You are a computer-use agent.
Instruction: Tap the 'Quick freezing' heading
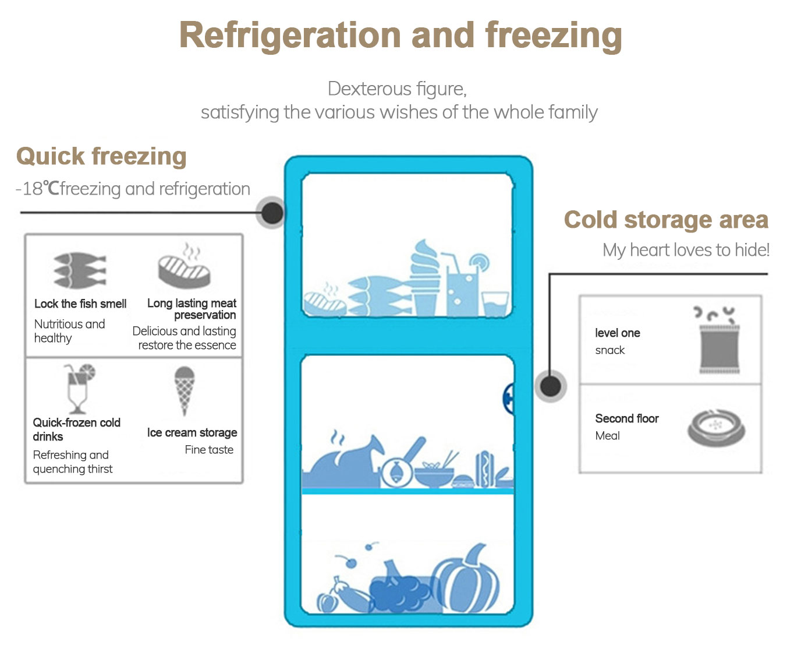(101, 156)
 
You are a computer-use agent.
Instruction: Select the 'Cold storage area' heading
(666, 220)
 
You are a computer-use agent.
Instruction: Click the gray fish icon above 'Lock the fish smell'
(79, 270)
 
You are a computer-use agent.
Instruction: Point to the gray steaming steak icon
(184, 266)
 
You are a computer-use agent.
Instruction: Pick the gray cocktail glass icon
(79, 388)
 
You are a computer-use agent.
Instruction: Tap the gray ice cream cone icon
(185, 391)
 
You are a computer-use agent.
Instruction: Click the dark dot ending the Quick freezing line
(272, 213)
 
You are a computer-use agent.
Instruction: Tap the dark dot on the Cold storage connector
(551, 386)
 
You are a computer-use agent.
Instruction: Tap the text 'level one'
(617, 333)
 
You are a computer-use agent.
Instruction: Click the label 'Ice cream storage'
(192, 432)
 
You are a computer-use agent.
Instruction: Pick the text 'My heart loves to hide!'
(686, 250)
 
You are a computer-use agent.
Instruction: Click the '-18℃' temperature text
(37, 189)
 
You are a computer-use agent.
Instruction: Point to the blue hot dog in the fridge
(484, 469)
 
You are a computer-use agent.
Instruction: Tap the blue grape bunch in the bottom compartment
(399, 588)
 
